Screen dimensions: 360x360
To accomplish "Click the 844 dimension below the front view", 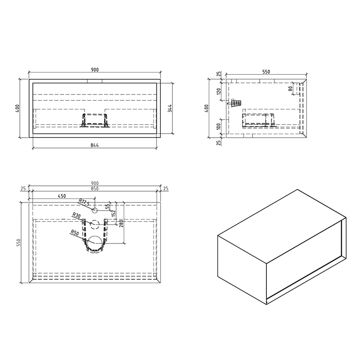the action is pos(94,145).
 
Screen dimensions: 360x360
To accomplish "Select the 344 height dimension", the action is pos(170,108).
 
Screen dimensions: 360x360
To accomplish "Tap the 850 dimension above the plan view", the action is pos(94,189).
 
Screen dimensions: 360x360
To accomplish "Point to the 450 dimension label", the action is pos(62,196).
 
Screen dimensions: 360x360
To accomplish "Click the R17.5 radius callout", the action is pos(84,202).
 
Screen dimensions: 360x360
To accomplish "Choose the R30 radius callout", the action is pos(76,216).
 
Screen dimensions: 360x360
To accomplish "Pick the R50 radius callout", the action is pos(74,233).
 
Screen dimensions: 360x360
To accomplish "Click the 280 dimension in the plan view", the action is pos(121,223).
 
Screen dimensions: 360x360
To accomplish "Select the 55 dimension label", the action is pos(108,207).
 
